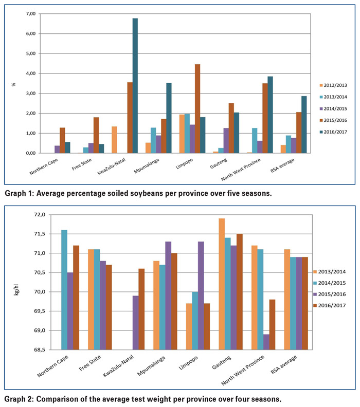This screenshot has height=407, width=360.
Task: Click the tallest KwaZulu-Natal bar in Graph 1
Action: click(135, 86)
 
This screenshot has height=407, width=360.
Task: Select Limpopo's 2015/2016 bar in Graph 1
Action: click(197, 108)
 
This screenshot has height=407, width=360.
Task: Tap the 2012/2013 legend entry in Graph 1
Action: click(333, 85)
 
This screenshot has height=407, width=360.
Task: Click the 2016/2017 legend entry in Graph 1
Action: click(333, 132)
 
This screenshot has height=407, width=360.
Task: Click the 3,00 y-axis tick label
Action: click(31, 94)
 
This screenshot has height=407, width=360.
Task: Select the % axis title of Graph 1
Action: click(13, 84)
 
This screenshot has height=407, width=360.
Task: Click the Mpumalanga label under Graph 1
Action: click(147, 166)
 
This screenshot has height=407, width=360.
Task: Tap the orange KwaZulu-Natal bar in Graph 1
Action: click(114, 140)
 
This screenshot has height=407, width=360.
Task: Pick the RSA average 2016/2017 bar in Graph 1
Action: click(304, 124)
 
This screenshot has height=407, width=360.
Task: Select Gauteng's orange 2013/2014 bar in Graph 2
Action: click(222, 284)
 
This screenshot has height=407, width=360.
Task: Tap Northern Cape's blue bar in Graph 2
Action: click(64, 290)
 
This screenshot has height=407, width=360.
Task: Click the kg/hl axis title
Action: click(16, 290)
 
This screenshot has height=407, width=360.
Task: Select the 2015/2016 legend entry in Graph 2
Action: click(330, 294)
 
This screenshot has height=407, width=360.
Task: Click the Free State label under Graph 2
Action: click(90, 363)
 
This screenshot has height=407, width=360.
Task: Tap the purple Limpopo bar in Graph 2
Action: click(201, 295)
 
